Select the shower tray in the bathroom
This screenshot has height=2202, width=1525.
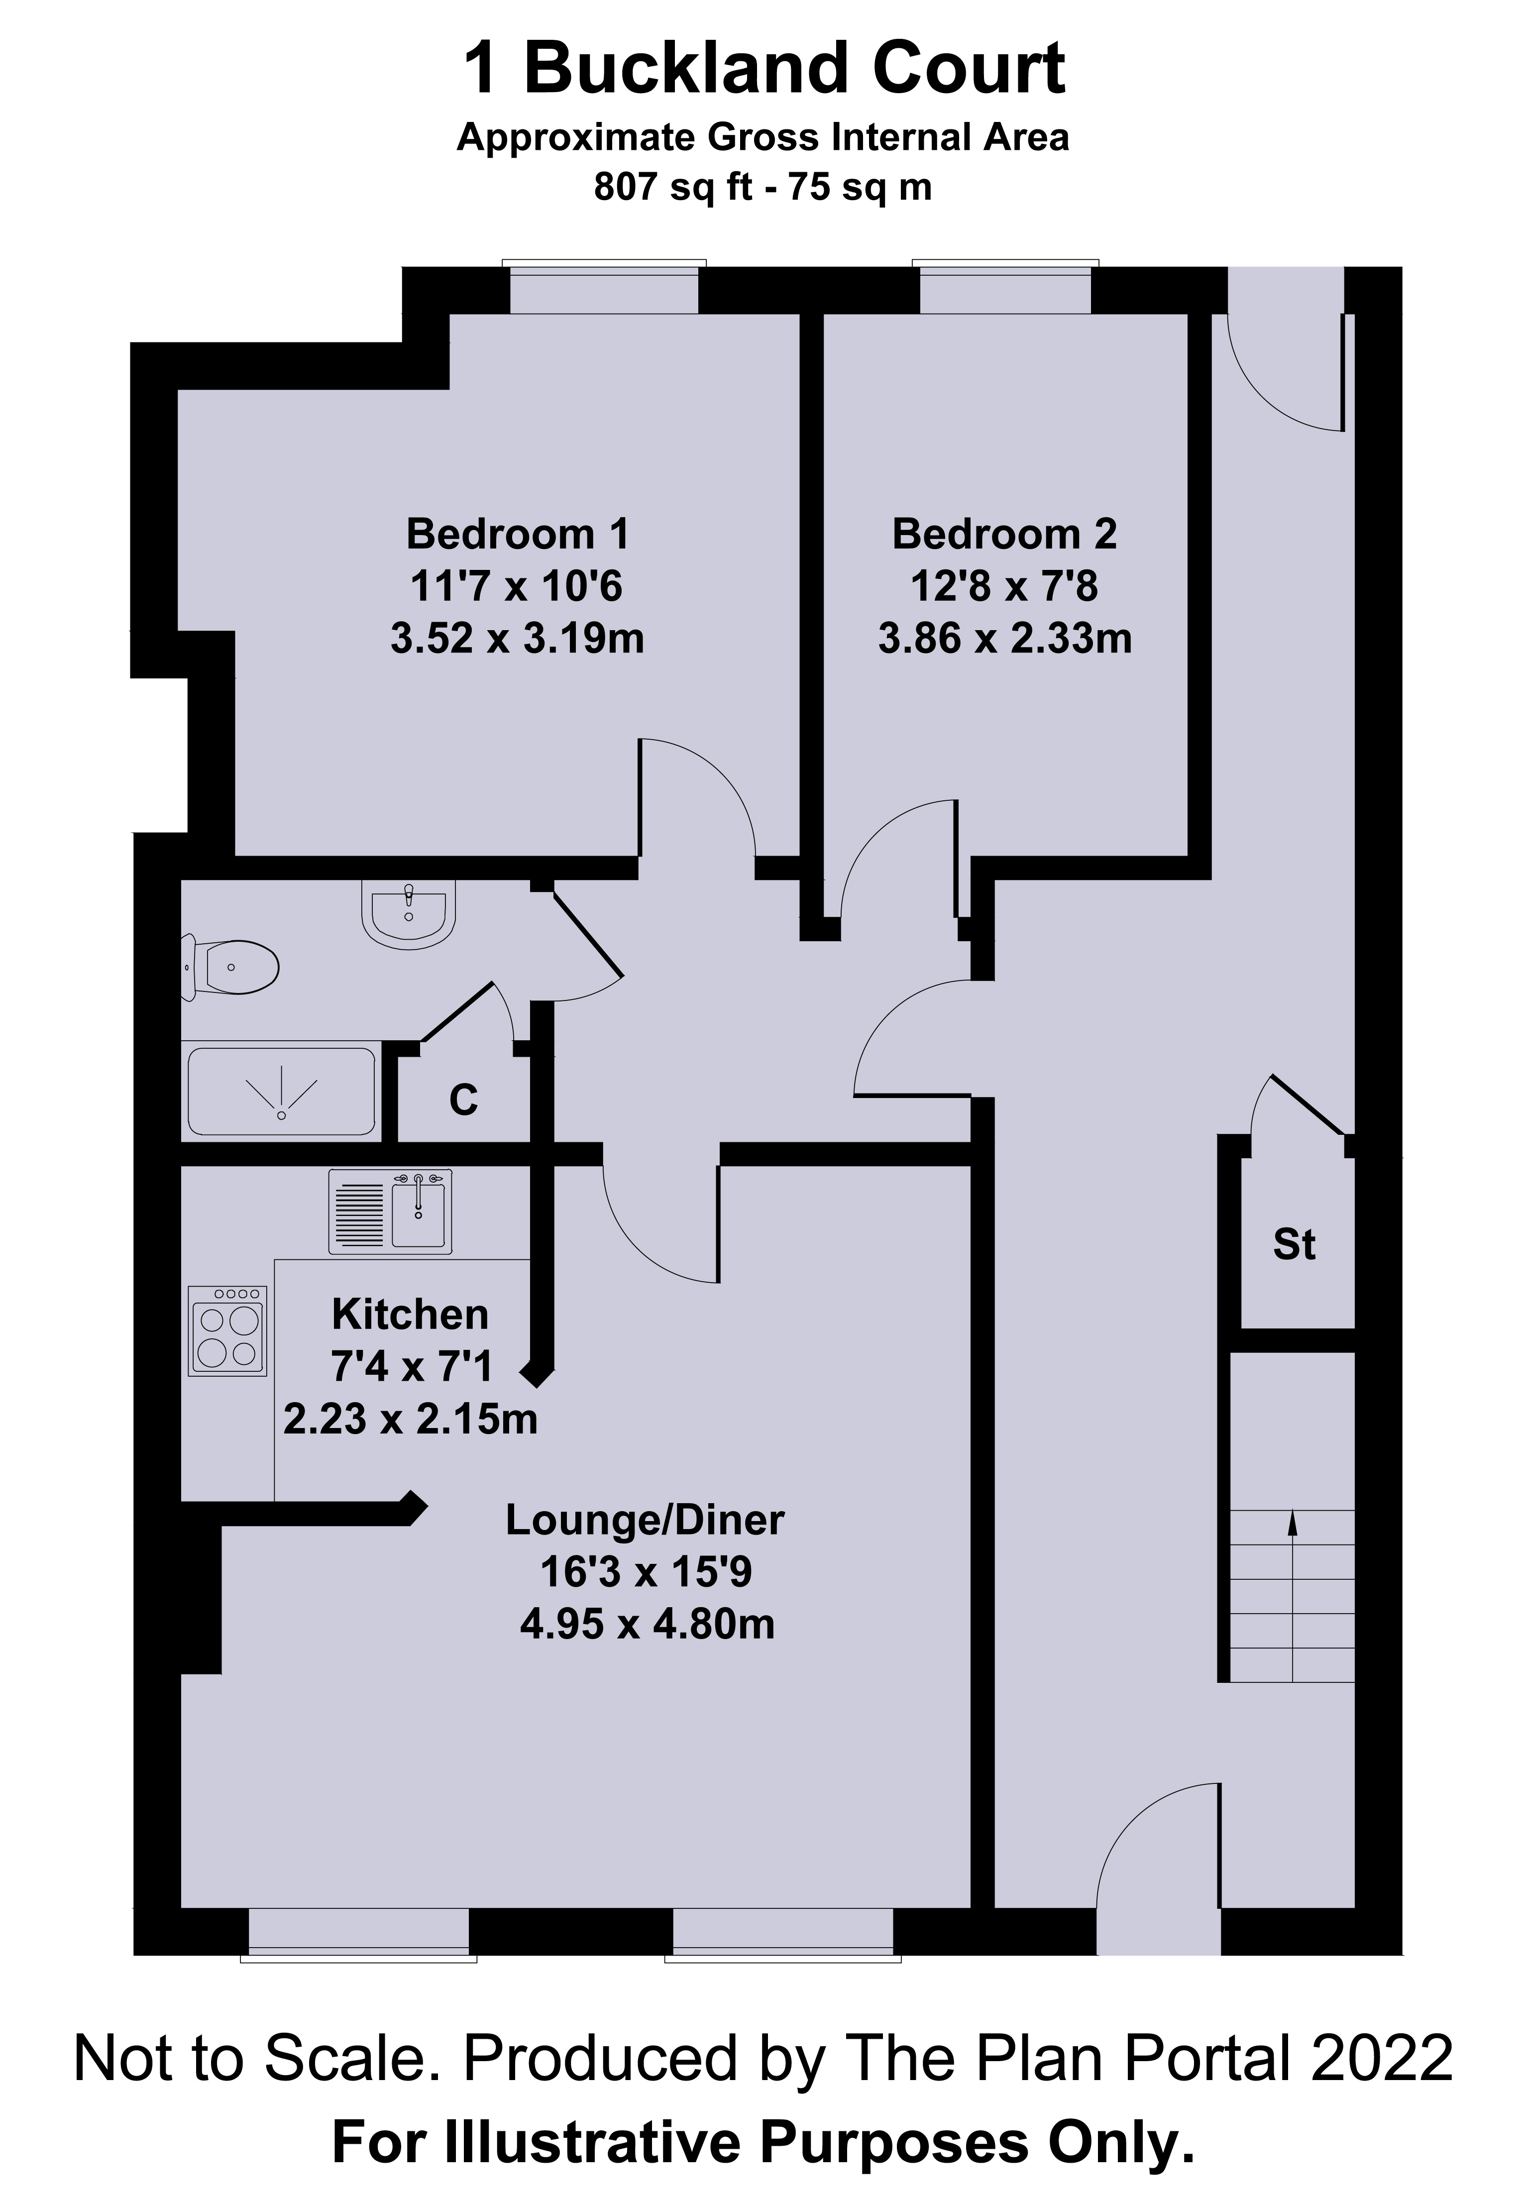coord(282,1092)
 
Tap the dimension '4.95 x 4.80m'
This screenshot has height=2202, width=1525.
coord(647,1624)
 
